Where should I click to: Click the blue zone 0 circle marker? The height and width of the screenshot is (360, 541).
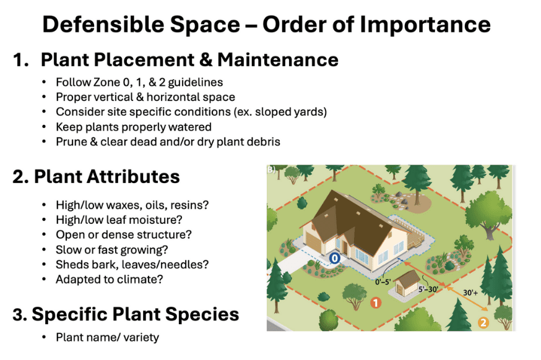click(334, 258)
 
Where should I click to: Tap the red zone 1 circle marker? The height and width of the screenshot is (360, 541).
click(376, 302)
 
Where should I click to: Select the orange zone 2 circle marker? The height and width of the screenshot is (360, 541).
click(483, 322)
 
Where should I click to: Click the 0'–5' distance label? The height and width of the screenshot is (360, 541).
click(383, 282)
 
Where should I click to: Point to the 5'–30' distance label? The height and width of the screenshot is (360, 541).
click(428, 289)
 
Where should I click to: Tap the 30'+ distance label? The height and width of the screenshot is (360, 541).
click(470, 293)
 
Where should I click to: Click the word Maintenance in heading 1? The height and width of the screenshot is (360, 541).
click(278, 59)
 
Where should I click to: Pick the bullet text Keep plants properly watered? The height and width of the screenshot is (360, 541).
click(134, 127)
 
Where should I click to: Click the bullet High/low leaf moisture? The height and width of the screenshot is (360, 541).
click(119, 220)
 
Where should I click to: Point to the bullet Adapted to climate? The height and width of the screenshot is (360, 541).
click(110, 279)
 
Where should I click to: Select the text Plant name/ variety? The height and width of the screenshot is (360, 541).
click(107, 337)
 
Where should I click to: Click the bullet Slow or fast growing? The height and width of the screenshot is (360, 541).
click(112, 249)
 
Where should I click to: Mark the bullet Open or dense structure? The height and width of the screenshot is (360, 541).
click(124, 234)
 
